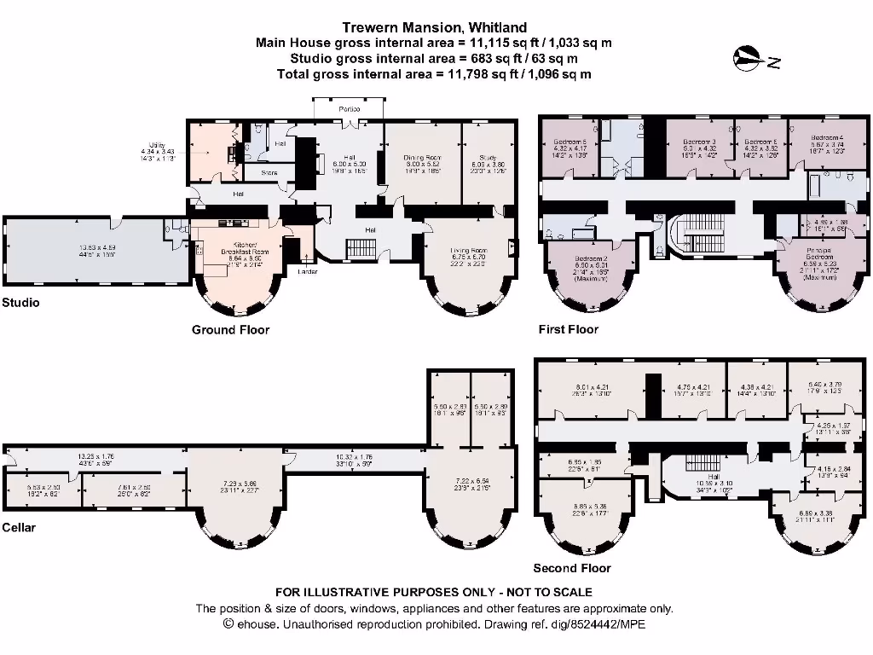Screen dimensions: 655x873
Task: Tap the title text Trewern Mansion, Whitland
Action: (434, 27)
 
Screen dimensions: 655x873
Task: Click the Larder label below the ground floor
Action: (308, 272)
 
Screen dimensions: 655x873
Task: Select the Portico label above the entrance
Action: (349, 110)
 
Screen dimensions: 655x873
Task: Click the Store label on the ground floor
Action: (269, 173)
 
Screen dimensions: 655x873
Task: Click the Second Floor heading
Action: (571, 568)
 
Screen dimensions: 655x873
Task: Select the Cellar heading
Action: (20, 528)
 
